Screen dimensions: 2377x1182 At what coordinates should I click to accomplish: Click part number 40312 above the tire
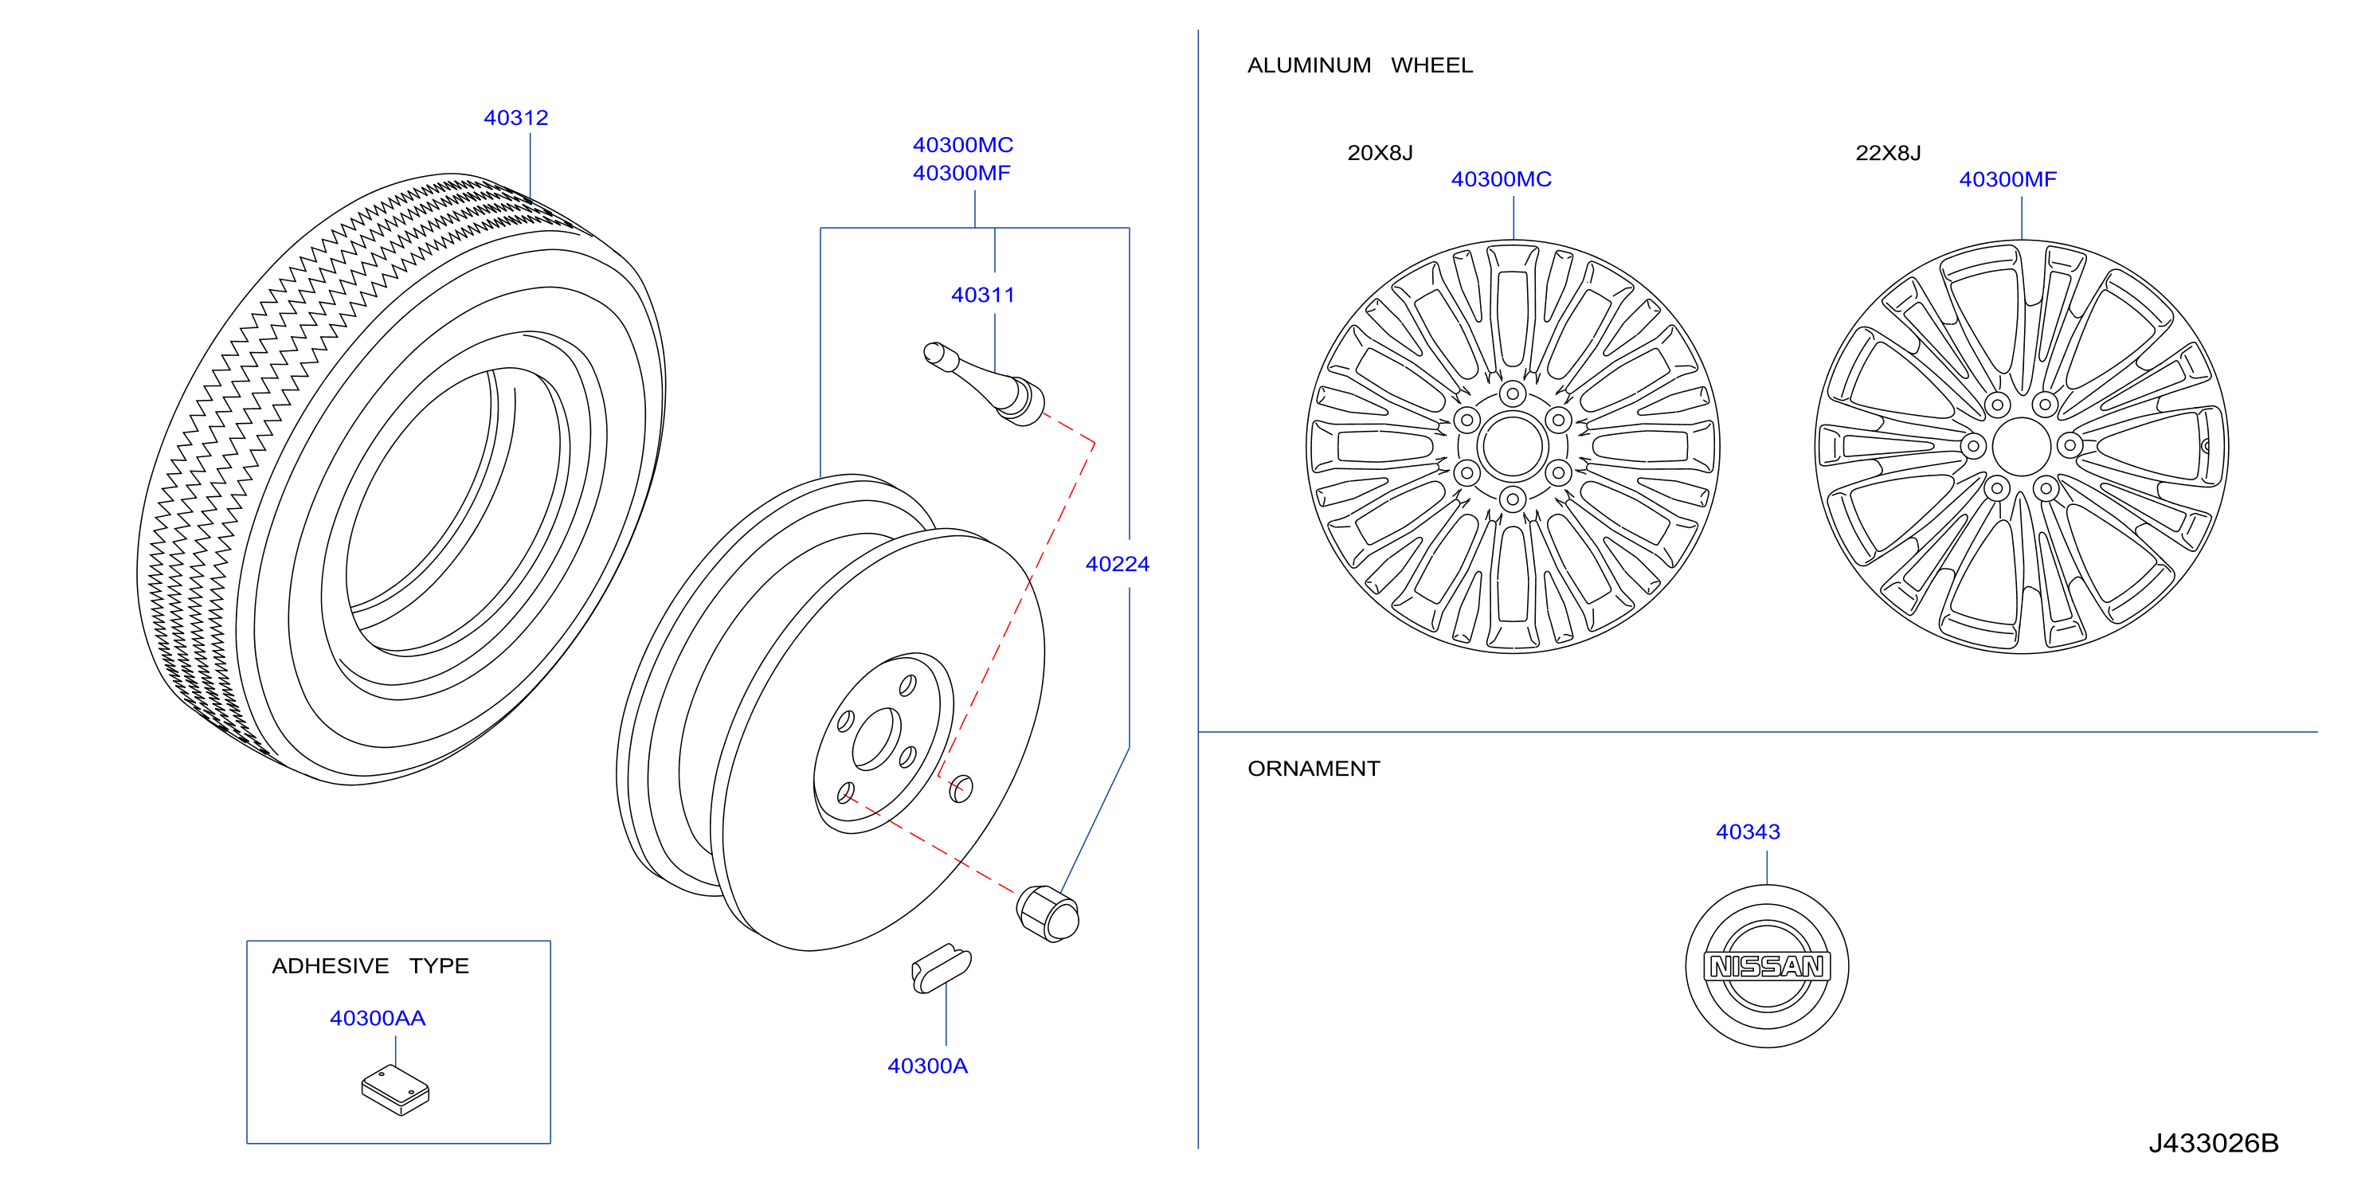point(516,118)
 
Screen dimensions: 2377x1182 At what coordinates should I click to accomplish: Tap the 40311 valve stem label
point(983,295)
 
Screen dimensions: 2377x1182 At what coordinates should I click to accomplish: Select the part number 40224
point(1118,564)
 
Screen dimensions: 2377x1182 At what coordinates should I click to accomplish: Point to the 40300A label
point(927,1066)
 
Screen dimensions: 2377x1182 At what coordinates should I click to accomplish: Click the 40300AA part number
point(378,1018)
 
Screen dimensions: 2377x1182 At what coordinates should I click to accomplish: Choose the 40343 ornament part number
point(1748,832)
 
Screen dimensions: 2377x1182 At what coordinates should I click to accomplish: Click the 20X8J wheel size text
point(1380,152)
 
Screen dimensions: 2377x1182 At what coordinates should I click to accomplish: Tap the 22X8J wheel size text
point(1888,152)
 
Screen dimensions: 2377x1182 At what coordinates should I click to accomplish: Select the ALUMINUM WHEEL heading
point(1360,65)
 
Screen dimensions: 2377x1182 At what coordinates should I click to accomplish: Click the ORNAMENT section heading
point(1313,769)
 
